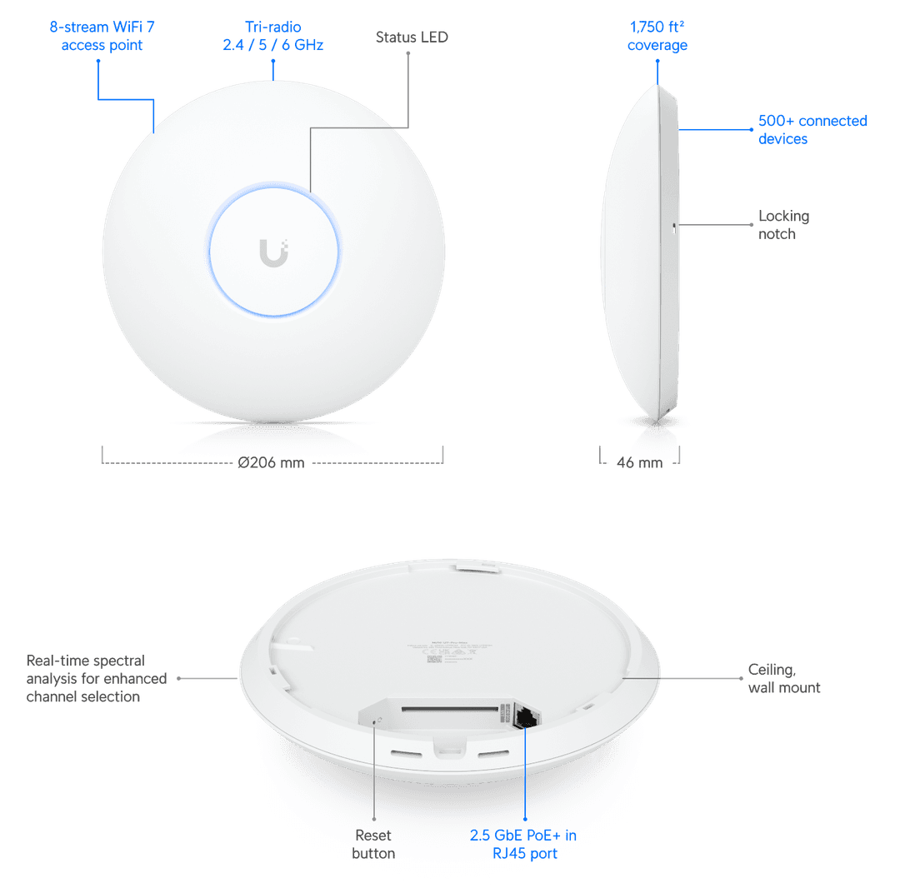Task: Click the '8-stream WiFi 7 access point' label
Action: (102, 36)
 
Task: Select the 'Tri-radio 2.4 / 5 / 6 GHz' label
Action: (272, 36)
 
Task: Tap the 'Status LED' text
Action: (412, 37)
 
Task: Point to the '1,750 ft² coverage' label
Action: (657, 36)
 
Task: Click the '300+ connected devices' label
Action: (812, 130)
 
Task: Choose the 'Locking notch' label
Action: (783, 225)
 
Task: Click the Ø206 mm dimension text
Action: (272, 463)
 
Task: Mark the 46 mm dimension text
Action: (640, 463)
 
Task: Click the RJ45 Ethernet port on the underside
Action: (527, 716)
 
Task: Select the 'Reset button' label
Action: (373, 844)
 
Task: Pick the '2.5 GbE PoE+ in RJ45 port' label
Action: (522, 844)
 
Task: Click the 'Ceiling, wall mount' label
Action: (783, 678)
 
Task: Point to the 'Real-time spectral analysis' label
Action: (97, 678)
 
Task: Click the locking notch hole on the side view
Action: (673, 225)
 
